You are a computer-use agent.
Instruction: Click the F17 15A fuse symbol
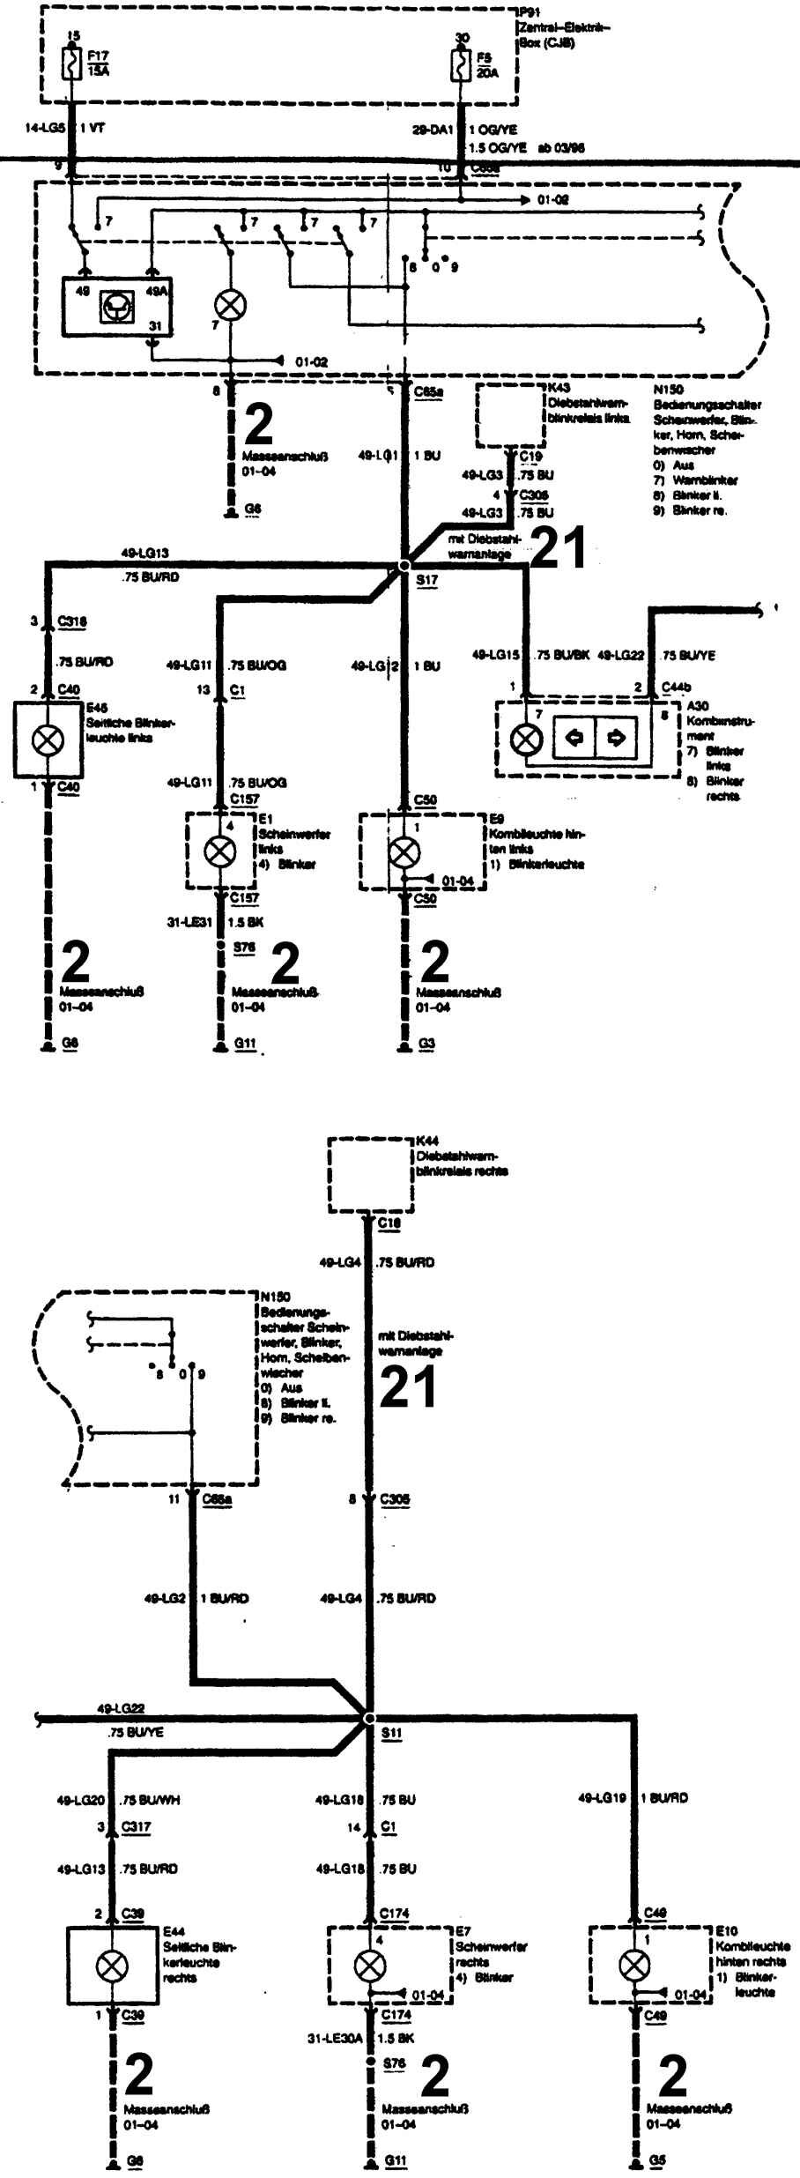pyautogui.click(x=71, y=63)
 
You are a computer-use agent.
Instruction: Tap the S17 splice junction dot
pyautogui.click(x=404, y=565)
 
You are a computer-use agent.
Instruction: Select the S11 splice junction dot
pyautogui.click(x=369, y=1719)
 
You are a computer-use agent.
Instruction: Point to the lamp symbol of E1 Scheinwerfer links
pyautogui.click(x=219, y=851)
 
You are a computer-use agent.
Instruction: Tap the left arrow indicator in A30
pyautogui.click(x=574, y=738)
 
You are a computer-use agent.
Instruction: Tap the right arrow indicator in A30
pyautogui.click(x=615, y=738)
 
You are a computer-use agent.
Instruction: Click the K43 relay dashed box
pyautogui.click(x=510, y=415)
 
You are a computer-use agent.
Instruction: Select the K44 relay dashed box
pyautogui.click(x=370, y=1175)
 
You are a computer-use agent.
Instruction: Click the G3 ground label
pyautogui.click(x=426, y=1044)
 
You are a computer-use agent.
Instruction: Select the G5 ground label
pyautogui.click(x=657, y=2161)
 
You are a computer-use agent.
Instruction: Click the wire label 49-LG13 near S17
pyautogui.click(x=144, y=554)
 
